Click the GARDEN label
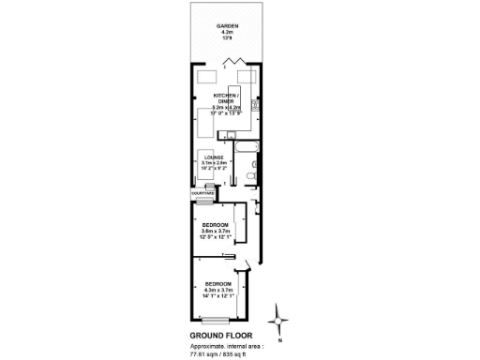pyautogui.click(x=227, y=25)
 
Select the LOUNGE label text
pyautogui.click(x=215, y=157)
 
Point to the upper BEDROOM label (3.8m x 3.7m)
pyautogui.click(x=217, y=224)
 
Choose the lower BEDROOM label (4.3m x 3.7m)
pyautogui.click(x=219, y=283)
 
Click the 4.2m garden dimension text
pyautogui.click(x=227, y=32)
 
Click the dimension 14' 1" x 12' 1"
pyautogui.click(x=219, y=296)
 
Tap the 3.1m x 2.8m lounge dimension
pyautogui.click(x=215, y=163)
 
